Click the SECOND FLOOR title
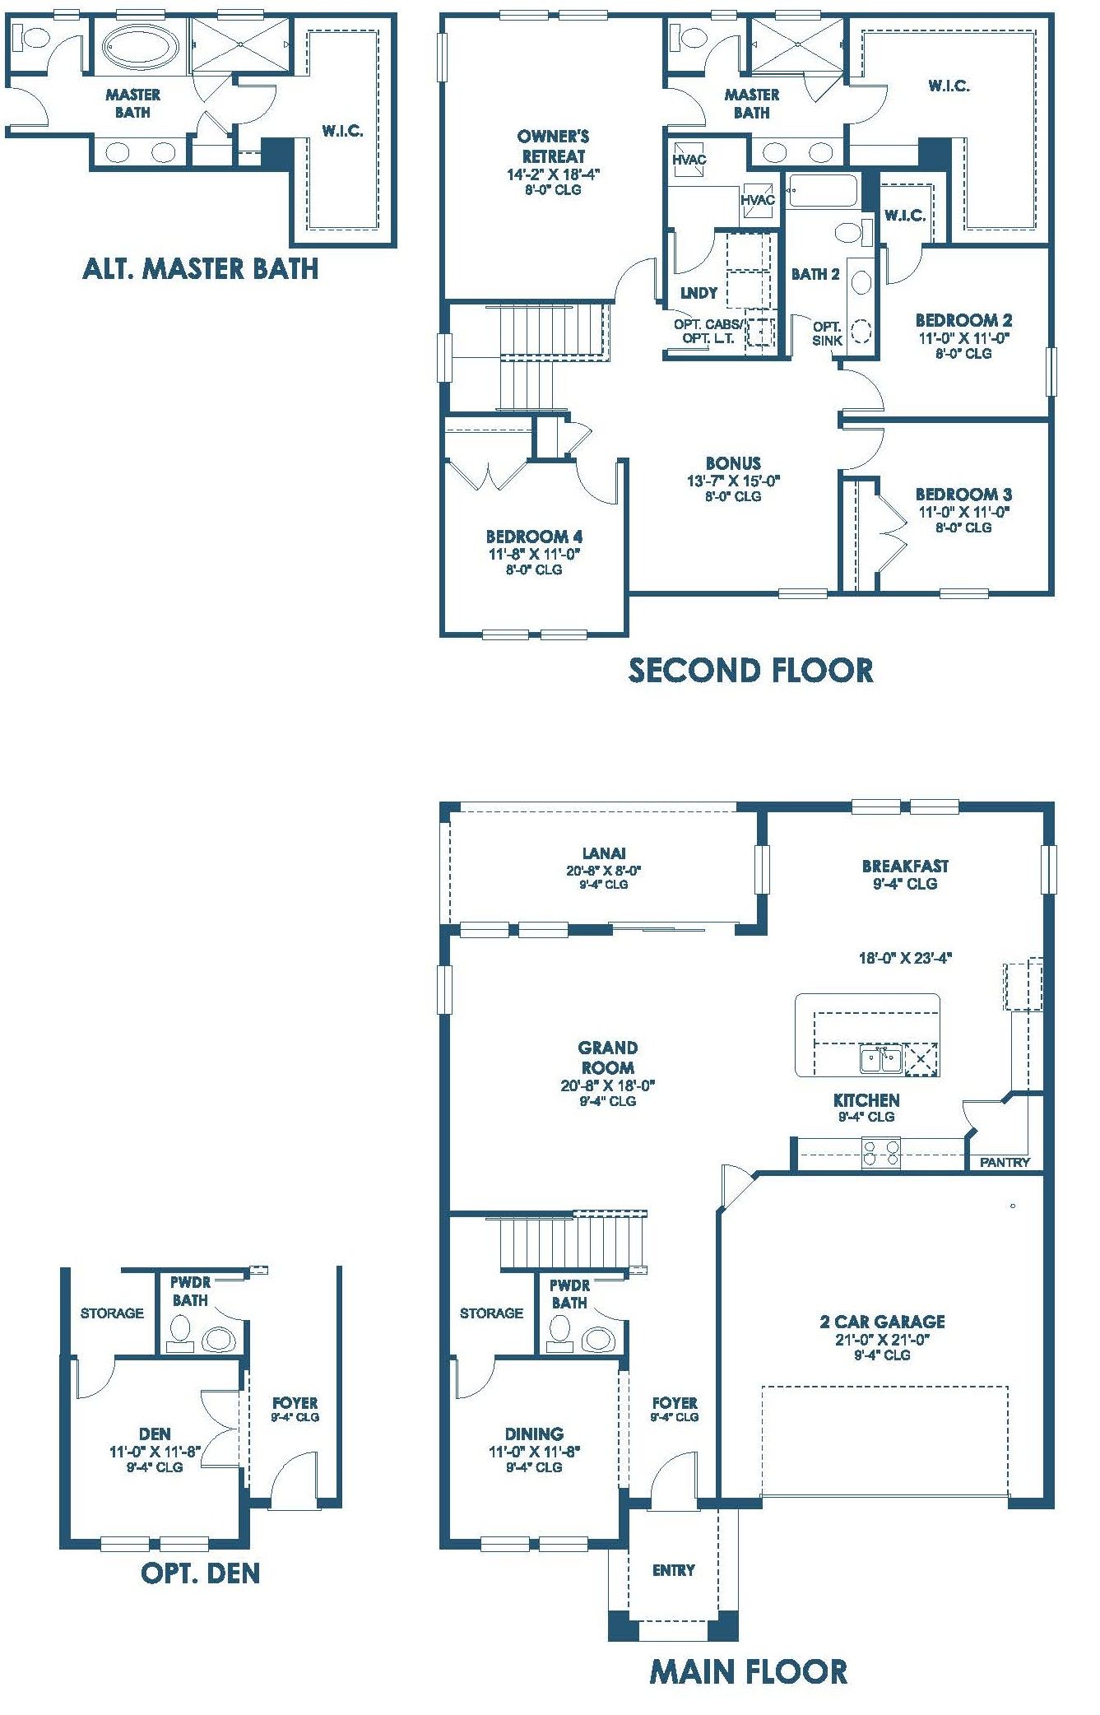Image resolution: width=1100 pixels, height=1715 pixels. pyautogui.click(x=750, y=671)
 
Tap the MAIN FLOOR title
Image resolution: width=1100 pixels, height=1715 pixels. pyautogui.click(x=749, y=1671)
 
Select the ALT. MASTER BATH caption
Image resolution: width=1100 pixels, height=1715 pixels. pyautogui.click(x=200, y=268)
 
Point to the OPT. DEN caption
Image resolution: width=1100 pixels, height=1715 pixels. pyautogui.click(x=200, y=1573)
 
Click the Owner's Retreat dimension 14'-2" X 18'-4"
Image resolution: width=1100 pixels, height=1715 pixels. pyautogui.click(x=553, y=174)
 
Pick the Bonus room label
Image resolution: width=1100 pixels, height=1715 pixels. pyautogui.click(x=733, y=463)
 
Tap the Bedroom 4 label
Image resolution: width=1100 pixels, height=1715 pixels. pyautogui.click(x=534, y=537)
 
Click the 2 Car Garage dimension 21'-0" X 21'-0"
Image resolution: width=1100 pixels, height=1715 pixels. pyautogui.click(x=882, y=1339)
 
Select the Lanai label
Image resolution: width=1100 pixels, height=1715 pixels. pyautogui.click(x=604, y=853)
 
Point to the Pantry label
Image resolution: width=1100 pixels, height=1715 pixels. pyautogui.click(x=1005, y=1162)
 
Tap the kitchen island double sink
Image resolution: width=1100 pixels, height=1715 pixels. pyautogui.click(x=881, y=1059)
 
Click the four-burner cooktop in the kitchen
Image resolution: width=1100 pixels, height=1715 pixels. pyautogui.click(x=881, y=1152)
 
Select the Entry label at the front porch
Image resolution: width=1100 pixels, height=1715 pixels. pyautogui.click(x=674, y=1570)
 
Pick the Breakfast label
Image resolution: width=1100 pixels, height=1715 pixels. pyautogui.click(x=905, y=866)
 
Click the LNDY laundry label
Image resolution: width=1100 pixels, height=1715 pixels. pyautogui.click(x=699, y=293)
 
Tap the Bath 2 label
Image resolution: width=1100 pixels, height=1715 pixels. pyautogui.click(x=815, y=274)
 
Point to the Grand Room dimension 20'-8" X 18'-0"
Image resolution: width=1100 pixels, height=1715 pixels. pyautogui.click(x=608, y=1085)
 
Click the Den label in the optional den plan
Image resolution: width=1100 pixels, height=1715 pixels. pyautogui.click(x=155, y=1434)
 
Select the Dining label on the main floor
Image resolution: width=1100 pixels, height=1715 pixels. pyautogui.click(x=534, y=1434)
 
